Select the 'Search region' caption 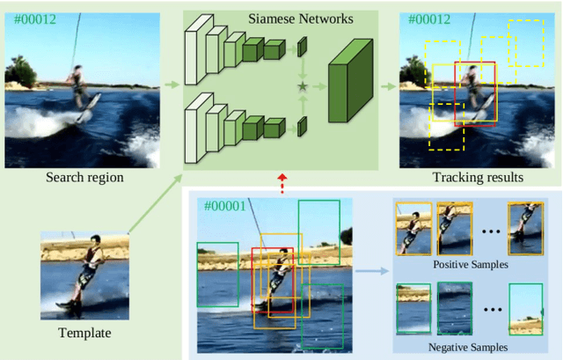pyautogui.click(x=85, y=178)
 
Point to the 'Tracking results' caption pyautogui.click(x=478, y=178)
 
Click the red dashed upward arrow pyautogui.click(x=281, y=182)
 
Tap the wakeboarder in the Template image pyautogui.click(x=87, y=273)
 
